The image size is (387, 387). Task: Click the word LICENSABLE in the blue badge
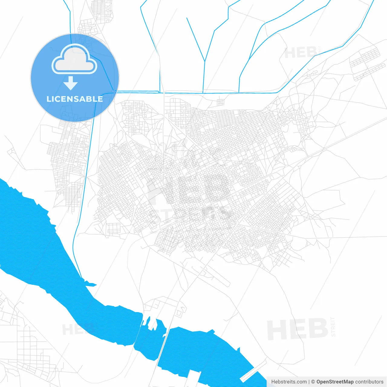75,99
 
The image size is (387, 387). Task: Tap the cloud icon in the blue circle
74,60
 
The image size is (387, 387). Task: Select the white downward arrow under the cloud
71,83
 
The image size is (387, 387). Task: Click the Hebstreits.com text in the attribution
289,382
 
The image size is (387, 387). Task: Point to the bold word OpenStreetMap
335,382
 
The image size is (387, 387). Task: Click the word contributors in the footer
369,382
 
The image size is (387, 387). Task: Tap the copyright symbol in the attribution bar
313,382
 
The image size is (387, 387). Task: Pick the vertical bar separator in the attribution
309,382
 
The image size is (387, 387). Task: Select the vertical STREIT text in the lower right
333,327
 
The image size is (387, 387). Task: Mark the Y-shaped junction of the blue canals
205,61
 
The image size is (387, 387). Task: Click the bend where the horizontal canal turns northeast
279,92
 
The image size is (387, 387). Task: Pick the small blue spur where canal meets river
91,284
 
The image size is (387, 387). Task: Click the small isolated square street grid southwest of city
114,229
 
